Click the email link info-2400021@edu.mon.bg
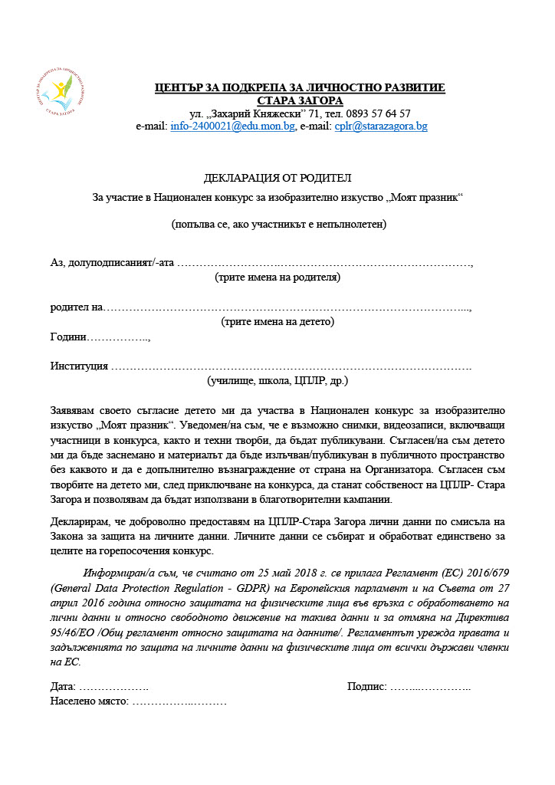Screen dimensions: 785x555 (x=232, y=126)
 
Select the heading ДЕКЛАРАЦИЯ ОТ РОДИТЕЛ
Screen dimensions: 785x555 (x=277, y=179)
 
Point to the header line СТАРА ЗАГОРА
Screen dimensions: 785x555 (x=300, y=100)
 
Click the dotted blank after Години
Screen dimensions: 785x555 (x=119, y=337)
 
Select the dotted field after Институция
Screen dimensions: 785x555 (x=291, y=366)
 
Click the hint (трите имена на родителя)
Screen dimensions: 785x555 (x=277, y=278)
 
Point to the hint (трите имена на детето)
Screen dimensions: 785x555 (x=277, y=322)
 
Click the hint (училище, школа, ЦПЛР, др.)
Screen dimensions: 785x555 (x=277, y=381)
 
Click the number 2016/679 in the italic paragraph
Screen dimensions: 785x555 (x=483, y=573)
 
